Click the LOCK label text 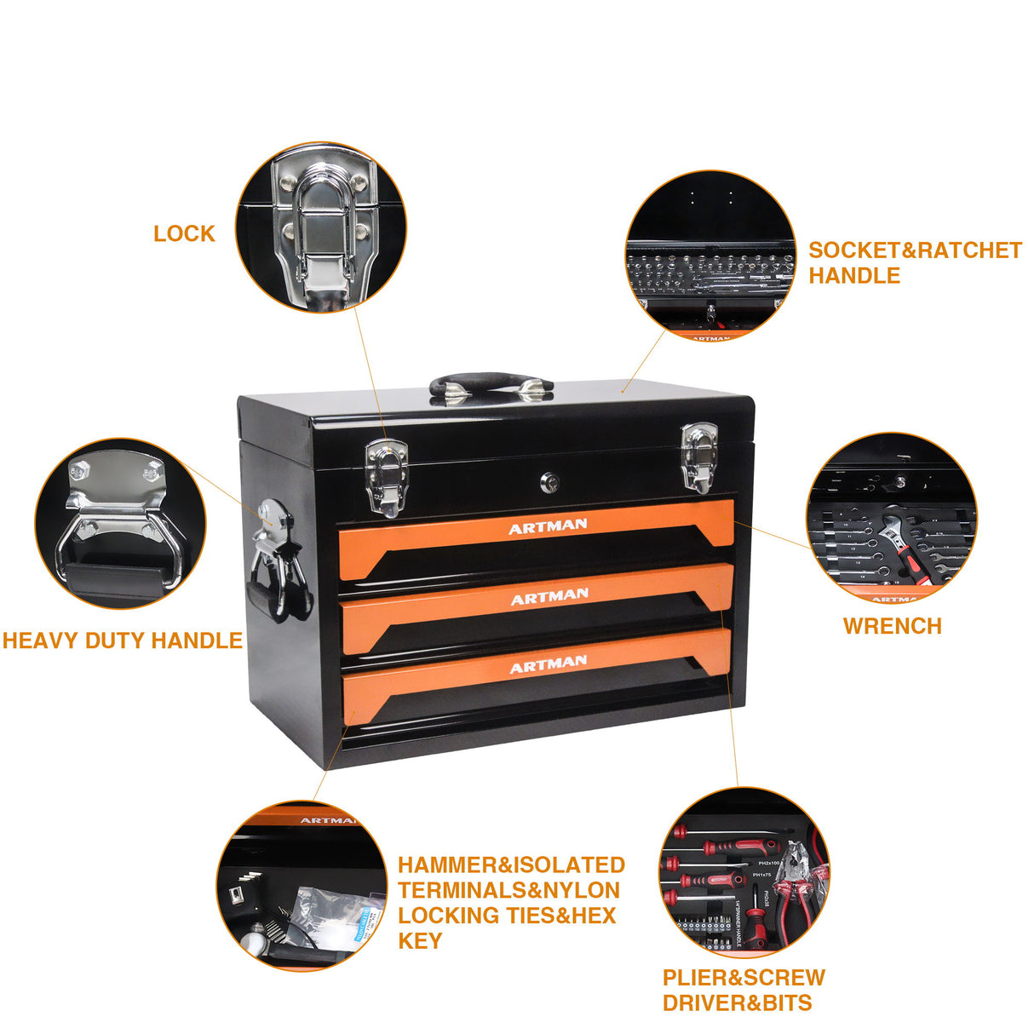tap(184, 233)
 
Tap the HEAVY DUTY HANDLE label tap(123, 641)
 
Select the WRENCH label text tap(892, 626)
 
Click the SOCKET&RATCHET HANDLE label tap(914, 262)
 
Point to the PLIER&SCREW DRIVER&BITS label tap(743, 990)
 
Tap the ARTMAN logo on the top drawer tap(548, 527)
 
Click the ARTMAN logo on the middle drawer tap(549, 596)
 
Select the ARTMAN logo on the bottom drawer tap(549, 663)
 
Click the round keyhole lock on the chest tap(550, 484)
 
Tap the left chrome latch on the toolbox tap(386, 476)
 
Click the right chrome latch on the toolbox tap(697, 458)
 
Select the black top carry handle tap(491, 384)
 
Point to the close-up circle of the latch tap(321, 227)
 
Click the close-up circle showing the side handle tap(120, 524)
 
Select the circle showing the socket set tap(710, 256)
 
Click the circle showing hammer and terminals tap(302, 886)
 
